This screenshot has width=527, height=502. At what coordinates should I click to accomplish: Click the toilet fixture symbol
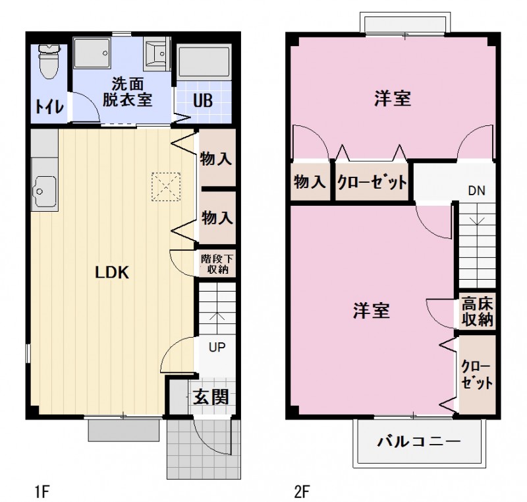pyautogui.click(x=49, y=62)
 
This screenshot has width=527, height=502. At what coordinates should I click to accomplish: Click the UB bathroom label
pyautogui.click(x=203, y=102)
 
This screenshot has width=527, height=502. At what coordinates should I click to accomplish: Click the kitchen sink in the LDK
pyautogui.click(x=43, y=188)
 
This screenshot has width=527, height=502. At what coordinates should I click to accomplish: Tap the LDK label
pyautogui.click(x=112, y=272)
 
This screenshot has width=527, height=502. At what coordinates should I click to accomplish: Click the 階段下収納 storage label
pyautogui.click(x=216, y=264)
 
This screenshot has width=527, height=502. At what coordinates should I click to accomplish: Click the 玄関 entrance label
pyautogui.click(x=211, y=397)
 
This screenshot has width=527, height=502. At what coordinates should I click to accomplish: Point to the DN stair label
pyautogui.click(x=476, y=191)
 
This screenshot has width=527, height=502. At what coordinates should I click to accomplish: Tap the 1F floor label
pyautogui.click(x=42, y=490)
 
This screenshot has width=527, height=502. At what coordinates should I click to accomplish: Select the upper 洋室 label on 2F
pyautogui.click(x=393, y=99)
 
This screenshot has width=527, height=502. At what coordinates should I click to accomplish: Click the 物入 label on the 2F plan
pyautogui.click(x=309, y=183)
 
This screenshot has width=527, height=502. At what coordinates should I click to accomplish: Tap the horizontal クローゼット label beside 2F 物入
pyautogui.click(x=371, y=183)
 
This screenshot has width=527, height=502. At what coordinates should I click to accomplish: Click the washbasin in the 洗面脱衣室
pyautogui.click(x=157, y=53)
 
